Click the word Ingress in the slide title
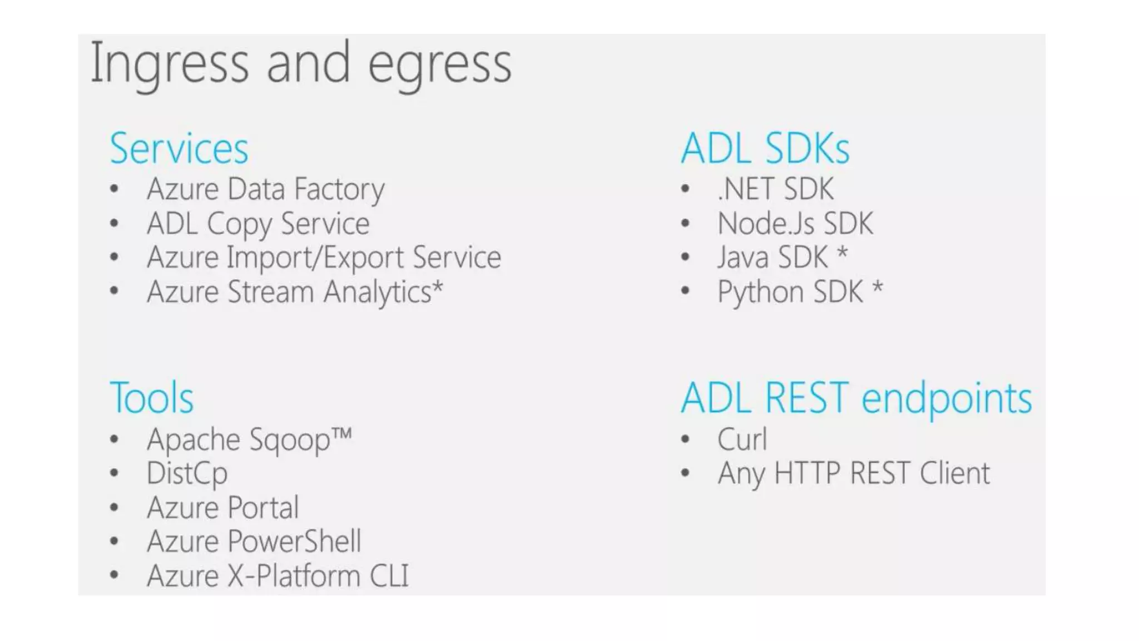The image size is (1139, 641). click(169, 65)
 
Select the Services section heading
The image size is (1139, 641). click(179, 149)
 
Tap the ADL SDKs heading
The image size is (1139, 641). click(765, 149)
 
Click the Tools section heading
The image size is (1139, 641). click(152, 398)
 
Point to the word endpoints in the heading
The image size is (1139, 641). click(947, 399)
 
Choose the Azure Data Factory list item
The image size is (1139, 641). click(265, 189)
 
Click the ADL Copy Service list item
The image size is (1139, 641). click(258, 224)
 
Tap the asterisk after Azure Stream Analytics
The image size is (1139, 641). click(438, 287)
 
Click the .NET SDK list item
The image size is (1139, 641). click(775, 189)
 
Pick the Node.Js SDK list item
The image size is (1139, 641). click(795, 224)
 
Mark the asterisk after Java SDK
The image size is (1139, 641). click(843, 253)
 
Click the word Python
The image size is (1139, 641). click(760, 292)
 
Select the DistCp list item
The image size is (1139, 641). click(187, 474)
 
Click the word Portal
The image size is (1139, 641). click(263, 507)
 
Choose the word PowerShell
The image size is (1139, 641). click(294, 541)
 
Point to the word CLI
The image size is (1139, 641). click(389, 576)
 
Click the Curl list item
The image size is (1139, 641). click(742, 440)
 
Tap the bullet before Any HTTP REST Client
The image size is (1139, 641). click(685, 474)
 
